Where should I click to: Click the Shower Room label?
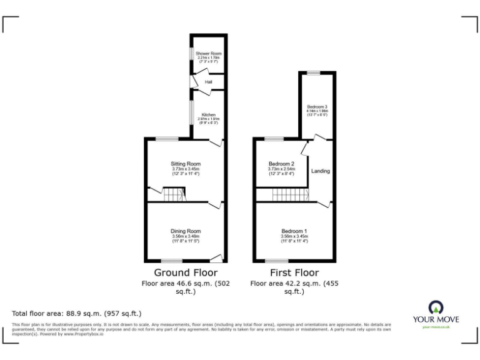(x=208, y=54)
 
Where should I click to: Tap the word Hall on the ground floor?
(x=209, y=82)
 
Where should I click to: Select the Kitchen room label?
(x=208, y=114)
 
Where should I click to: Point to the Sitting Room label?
(x=186, y=164)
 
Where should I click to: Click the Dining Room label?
(x=186, y=231)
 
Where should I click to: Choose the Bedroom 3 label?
(x=317, y=106)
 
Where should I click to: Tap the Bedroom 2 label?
(x=281, y=164)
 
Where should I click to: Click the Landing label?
(x=321, y=171)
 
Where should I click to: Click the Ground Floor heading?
(x=186, y=272)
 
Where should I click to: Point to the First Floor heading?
(x=294, y=272)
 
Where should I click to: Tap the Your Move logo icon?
(x=435, y=307)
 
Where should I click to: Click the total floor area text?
(x=77, y=313)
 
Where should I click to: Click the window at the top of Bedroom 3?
(x=317, y=72)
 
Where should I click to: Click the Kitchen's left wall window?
(x=192, y=112)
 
